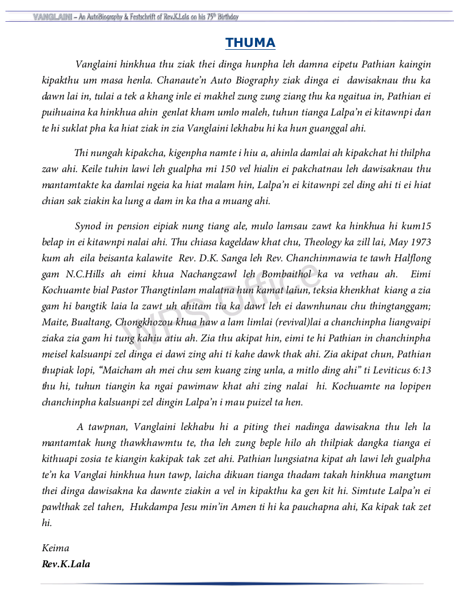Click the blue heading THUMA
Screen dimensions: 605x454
250,43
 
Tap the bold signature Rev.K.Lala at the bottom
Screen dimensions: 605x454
66,564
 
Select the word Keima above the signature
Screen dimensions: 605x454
55,548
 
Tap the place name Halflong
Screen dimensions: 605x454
410,258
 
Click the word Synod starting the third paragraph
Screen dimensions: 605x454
88,226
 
